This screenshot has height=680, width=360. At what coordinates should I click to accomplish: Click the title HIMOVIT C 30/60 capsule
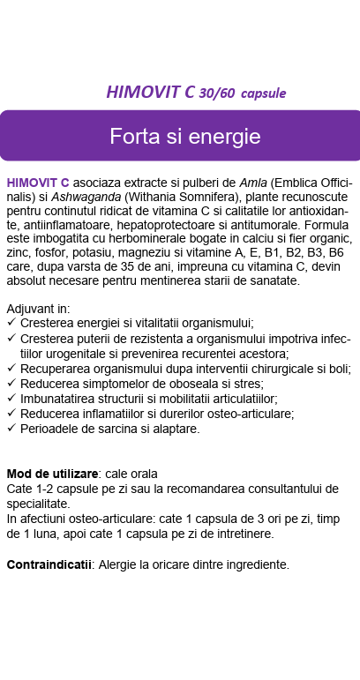pyautogui.click(x=196, y=93)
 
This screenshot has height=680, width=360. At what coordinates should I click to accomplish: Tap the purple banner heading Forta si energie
pyautogui.click(x=184, y=137)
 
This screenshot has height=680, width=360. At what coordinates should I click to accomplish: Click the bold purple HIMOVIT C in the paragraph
pyautogui.click(x=38, y=183)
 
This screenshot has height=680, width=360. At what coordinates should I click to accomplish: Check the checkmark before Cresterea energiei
pyautogui.click(x=11, y=324)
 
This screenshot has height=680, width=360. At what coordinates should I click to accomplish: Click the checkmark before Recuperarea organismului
pyautogui.click(x=11, y=369)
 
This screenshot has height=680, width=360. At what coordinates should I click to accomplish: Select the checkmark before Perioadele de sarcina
pyautogui.click(x=11, y=430)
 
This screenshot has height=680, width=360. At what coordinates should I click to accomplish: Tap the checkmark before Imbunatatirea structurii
pyautogui.click(x=11, y=399)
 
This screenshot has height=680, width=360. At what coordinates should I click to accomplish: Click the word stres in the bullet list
pyautogui.click(x=223, y=384)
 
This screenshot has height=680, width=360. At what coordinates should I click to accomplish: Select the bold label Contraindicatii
pyautogui.click(x=50, y=564)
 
